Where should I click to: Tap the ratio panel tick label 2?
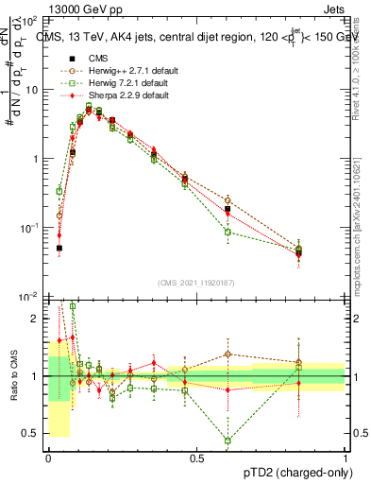click(36, 319)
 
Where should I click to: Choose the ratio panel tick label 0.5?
click(32, 434)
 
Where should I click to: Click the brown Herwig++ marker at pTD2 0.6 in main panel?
click(228, 200)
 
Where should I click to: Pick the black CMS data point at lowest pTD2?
click(59, 249)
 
